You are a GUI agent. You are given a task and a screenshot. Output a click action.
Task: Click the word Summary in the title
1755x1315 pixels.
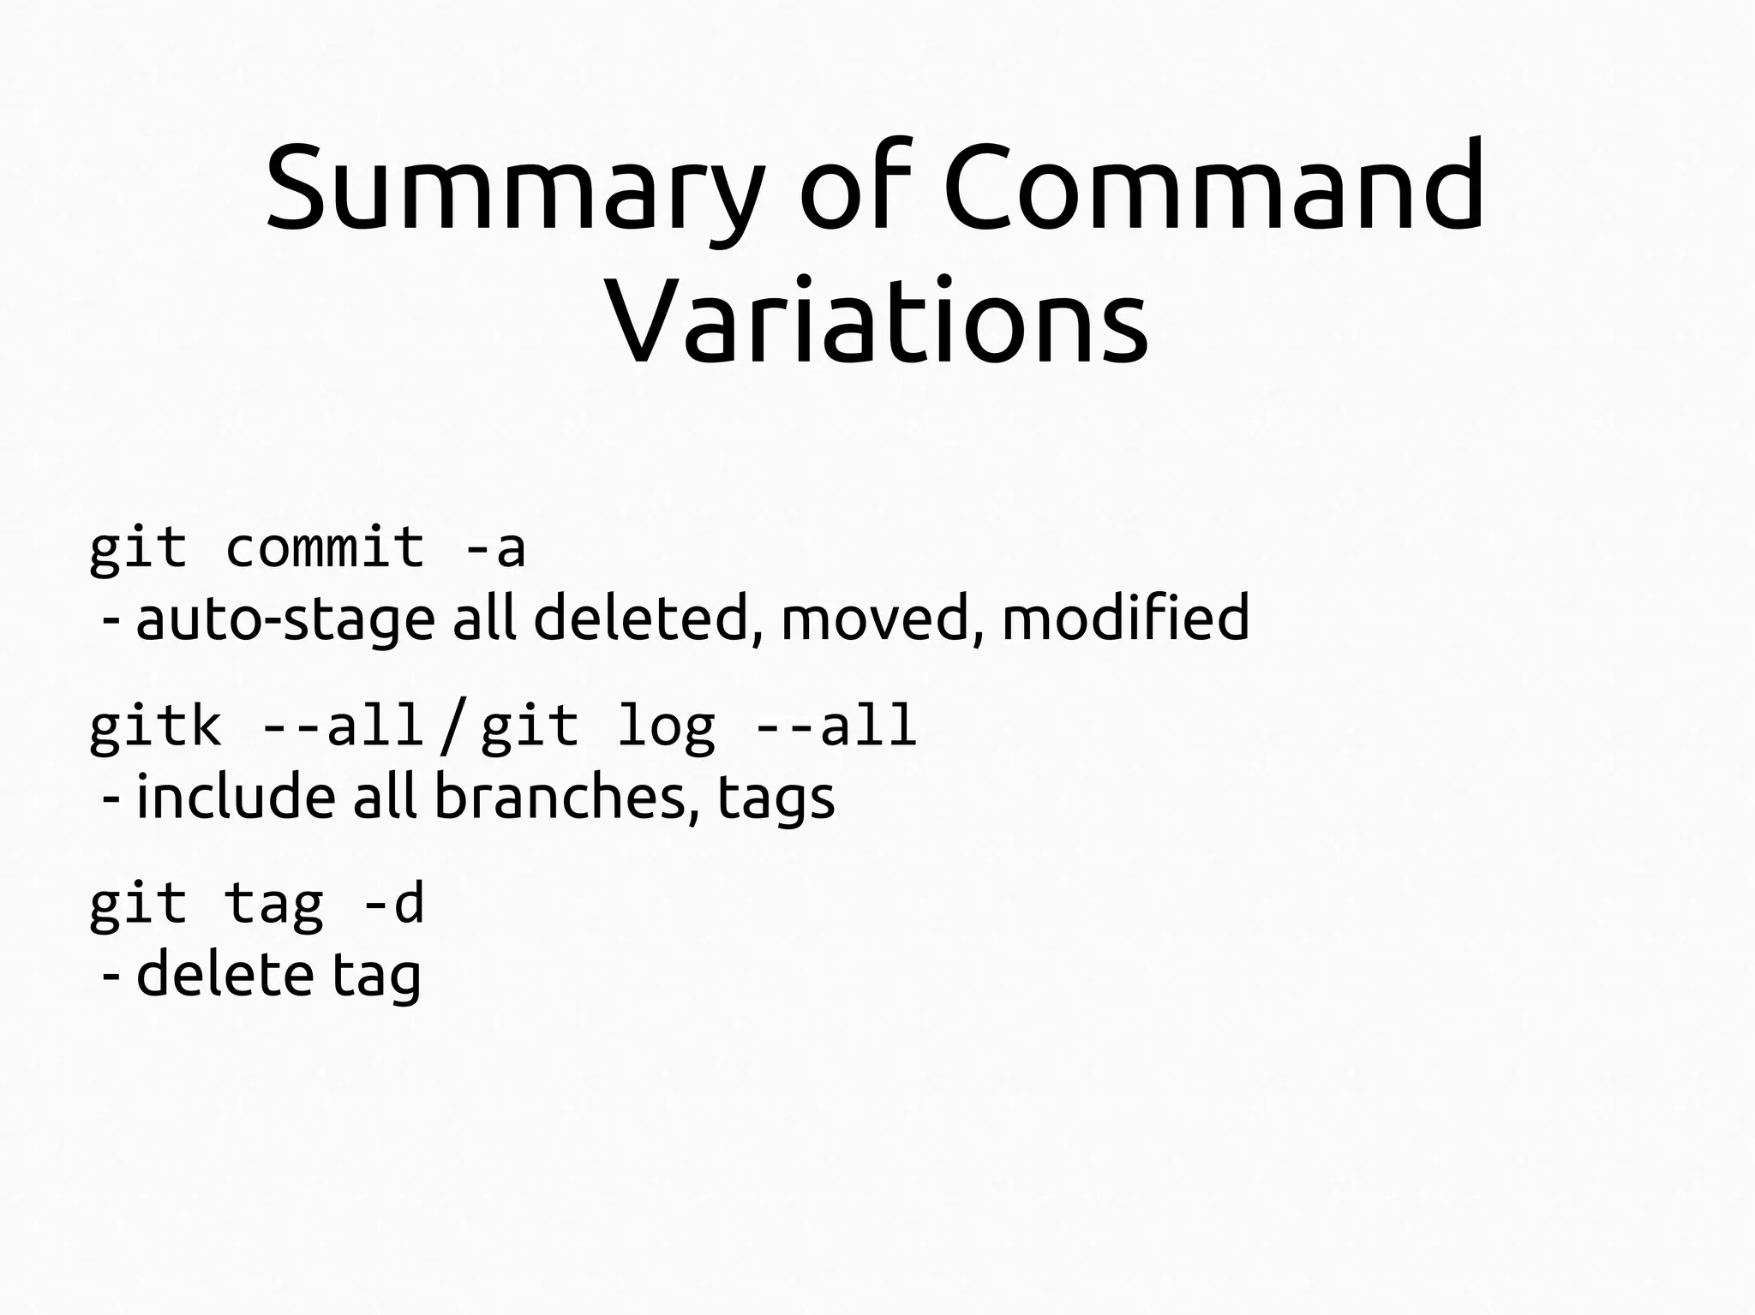click(513, 188)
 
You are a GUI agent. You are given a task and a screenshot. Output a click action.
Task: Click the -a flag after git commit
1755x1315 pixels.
click(494, 548)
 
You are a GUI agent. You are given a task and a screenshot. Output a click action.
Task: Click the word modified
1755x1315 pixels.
click(1125, 618)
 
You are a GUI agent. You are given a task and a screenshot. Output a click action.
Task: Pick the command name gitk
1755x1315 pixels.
click(155, 726)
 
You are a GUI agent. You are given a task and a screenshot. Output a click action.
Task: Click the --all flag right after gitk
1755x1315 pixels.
click(342, 726)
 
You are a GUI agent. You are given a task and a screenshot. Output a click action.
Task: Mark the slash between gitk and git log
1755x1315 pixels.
click(452, 727)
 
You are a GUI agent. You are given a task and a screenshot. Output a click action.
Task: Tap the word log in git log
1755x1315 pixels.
click(665, 727)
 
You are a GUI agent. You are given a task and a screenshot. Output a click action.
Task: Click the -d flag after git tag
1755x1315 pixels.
click(393, 904)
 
